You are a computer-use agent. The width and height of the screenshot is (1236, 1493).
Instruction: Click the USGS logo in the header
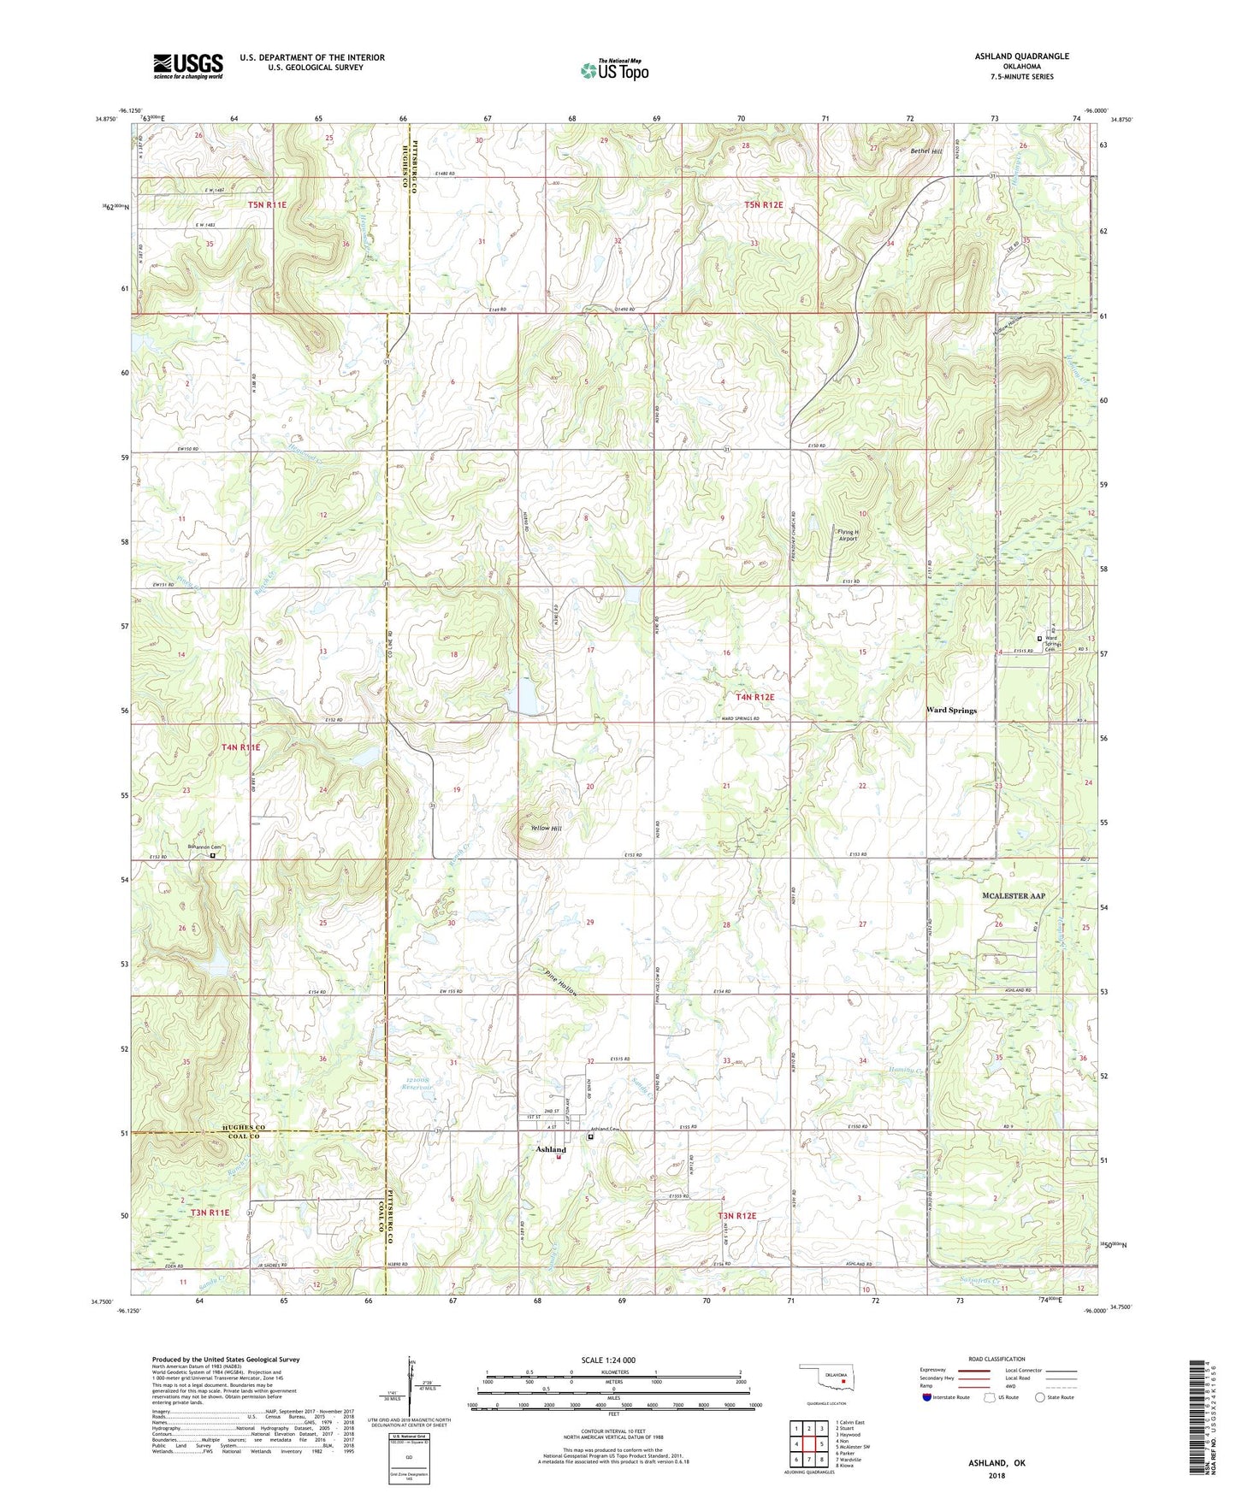[x=188, y=65]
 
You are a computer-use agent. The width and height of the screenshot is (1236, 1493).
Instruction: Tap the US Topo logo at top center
[x=614, y=70]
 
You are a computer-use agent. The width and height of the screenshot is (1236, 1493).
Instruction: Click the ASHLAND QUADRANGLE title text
[x=1021, y=56]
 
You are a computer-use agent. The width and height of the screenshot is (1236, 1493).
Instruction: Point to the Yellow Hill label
[x=546, y=829]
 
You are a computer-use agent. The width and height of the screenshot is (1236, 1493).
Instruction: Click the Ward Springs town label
[x=951, y=711]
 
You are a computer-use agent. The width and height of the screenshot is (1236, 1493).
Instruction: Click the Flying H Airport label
[x=847, y=535]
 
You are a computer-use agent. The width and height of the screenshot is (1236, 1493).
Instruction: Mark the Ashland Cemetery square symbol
[x=590, y=1137]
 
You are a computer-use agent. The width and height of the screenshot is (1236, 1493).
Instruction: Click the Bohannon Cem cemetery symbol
[x=213, y=853]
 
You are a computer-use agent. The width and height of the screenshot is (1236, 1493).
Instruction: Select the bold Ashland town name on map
[x=551, y=1149]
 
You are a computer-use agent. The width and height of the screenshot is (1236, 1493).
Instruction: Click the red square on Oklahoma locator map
[x=843, y=1381]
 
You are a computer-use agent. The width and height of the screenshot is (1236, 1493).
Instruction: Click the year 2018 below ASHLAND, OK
[x=996, y=1475]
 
